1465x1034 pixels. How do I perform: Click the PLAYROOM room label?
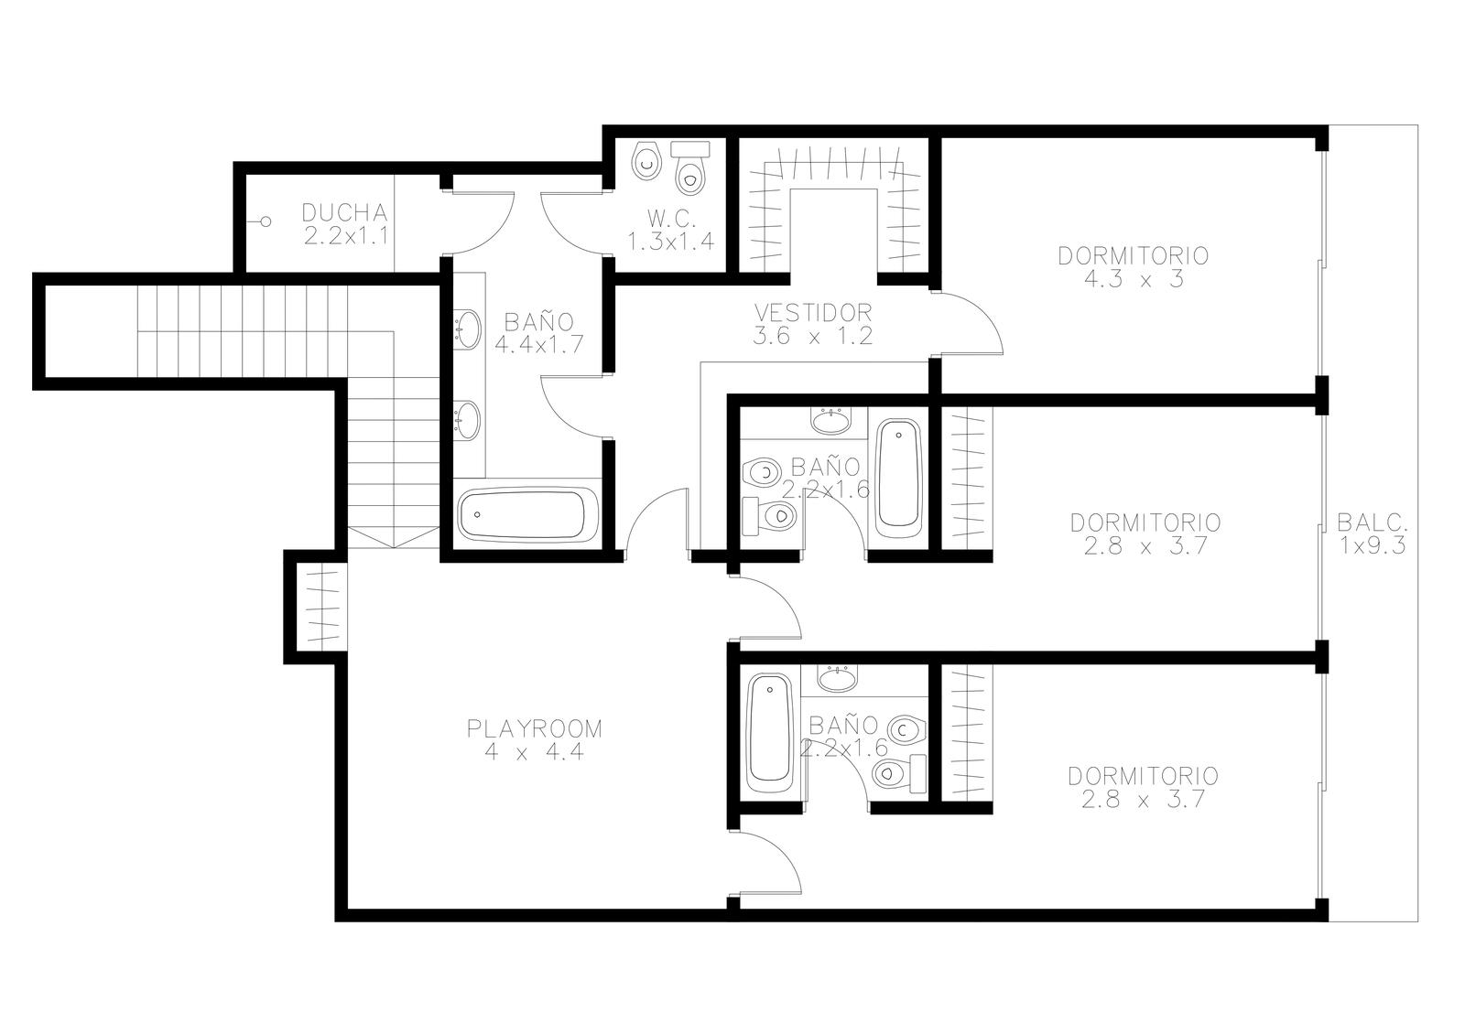[x=535, y=728]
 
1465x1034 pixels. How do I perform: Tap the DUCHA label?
[x=344, y=212]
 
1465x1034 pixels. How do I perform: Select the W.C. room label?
[x=672, y=219]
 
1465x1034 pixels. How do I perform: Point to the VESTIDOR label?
[x=813, y=312]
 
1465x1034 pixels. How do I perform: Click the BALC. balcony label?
[x=1373, y=522]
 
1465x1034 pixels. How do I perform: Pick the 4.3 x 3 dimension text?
[x=1134, y=279]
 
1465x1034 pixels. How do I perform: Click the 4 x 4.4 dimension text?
[x=535, y=752]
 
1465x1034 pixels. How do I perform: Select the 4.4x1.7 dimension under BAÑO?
[x=539, y=344]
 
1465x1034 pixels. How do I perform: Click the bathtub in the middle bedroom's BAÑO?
[x=898, y=473]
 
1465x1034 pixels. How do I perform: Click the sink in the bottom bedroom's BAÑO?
[x=837, y=679]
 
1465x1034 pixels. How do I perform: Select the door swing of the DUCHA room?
[x=481, y=223]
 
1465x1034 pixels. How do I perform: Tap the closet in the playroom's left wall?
[x=322, y=607]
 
